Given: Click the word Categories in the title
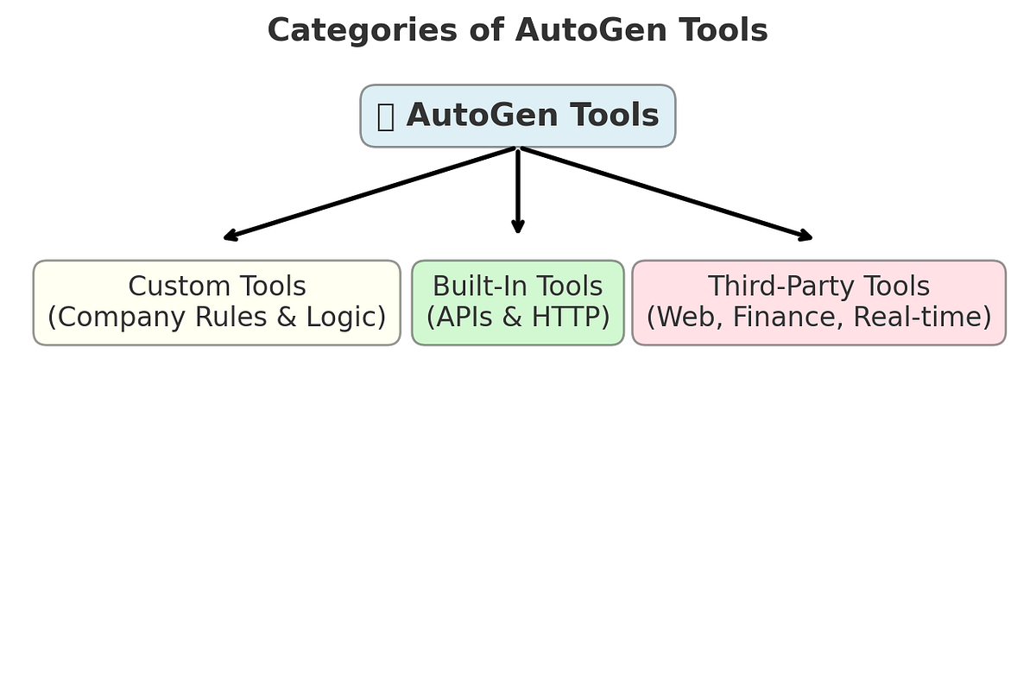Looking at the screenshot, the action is pos(362,31).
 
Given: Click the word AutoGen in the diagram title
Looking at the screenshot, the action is pos(591,30).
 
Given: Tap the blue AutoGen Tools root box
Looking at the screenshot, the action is pos(517,116).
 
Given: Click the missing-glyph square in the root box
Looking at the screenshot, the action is pos(386,117).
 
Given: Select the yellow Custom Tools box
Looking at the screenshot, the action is pos(217,303).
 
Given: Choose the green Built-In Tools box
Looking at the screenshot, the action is pos(517,303).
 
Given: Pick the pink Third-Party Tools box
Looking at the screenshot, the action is pos(818,303).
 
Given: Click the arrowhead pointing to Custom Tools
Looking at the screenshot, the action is pos(231,236).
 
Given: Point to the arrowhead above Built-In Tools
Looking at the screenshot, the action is pos(517,226).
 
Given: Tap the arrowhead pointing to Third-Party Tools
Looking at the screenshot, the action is pos(805,236).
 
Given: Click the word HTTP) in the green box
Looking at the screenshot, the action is pos(571,318).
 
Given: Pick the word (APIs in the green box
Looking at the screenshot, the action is pos(459,318).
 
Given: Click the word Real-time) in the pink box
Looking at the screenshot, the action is pos(922,318).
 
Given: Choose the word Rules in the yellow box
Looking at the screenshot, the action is pos(231,317).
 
